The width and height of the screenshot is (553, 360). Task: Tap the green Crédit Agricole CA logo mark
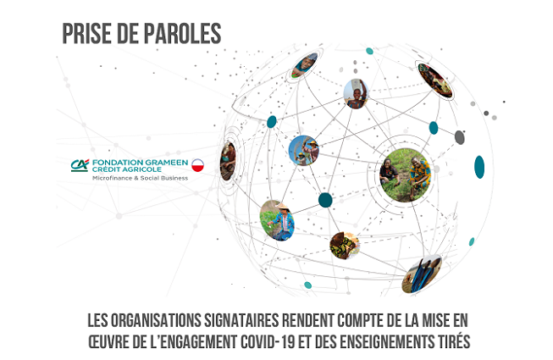tap(80, 165)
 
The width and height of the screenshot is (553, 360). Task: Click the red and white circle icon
tap(197, 165)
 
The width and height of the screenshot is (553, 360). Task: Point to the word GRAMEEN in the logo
tap(169, 163)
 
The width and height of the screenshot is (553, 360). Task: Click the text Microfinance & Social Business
tap(140, 178)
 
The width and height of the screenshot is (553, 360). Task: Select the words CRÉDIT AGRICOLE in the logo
tap(127, 169)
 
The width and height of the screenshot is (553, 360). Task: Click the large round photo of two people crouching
tap(406, 175)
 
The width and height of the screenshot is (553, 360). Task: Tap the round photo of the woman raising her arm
tap(356, 94)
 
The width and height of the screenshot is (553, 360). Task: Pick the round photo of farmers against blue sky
tap(304, 151)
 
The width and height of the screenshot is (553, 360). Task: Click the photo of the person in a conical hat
tap(277, 220)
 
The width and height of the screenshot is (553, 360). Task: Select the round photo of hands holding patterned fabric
tap(345, 246)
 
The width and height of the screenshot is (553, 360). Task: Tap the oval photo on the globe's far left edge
tap(228, 162)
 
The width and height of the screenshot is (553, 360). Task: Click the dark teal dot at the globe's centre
tap(325, 200)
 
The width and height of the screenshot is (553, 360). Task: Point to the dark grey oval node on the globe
tap(459, 137)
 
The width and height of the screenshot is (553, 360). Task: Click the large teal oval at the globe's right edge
tap(479, 167)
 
